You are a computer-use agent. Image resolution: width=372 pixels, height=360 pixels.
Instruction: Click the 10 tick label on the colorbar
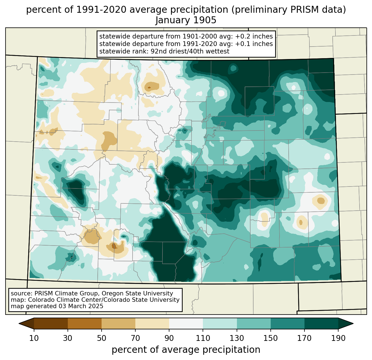click(34, 338)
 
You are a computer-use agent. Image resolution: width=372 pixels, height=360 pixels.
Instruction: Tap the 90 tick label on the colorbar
click(169, 338)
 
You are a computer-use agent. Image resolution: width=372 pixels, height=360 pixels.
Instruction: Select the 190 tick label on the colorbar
click(338, 338)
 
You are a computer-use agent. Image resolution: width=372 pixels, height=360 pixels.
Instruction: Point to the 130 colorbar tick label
click(237, 338)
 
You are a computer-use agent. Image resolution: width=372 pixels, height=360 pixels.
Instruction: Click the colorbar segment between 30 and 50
click(84, 324)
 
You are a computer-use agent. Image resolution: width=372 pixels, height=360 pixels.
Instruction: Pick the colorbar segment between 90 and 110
click(186, 324)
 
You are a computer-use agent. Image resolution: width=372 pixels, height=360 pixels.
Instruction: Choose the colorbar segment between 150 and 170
click(288, 324)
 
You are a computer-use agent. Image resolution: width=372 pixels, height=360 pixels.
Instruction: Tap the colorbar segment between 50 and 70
click(118, 324)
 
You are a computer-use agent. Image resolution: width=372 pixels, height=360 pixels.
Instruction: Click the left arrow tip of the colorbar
click(19, 324)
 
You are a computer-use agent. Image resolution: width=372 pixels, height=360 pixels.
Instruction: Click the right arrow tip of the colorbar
click(353, 324)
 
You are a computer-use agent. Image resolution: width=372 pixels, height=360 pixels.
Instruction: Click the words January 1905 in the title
click(186, 20)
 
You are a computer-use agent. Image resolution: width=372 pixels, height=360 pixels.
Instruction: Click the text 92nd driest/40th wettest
click(190, 51)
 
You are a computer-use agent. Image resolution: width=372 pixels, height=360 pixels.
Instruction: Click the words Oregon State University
click(137, 293)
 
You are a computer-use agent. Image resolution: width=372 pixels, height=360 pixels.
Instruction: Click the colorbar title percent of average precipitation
click(186, 350)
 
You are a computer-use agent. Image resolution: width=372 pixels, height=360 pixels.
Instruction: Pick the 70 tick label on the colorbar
click(135, 338)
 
